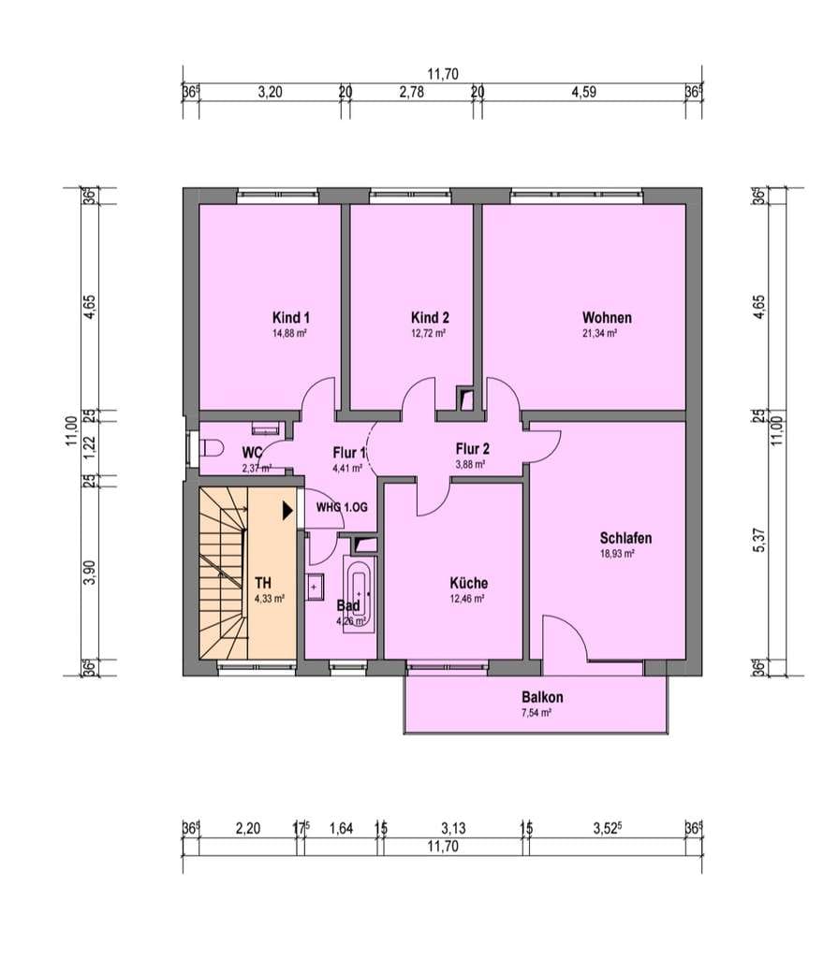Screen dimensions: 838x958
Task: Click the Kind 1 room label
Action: point(291,318)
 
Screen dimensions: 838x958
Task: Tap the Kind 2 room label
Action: point(430,318)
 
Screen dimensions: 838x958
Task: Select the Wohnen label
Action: point(607,318)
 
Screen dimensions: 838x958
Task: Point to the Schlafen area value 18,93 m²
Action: point(617,554)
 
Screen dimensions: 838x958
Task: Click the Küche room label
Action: point(468,583)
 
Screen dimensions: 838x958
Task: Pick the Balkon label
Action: point(542,697)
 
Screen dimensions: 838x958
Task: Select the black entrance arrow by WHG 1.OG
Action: point(287,510)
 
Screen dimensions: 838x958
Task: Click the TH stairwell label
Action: point(263,584)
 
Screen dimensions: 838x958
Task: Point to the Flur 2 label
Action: point(472,449)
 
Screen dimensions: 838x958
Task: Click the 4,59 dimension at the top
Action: point(583,93)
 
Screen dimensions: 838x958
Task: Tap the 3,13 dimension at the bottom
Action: point(453,828)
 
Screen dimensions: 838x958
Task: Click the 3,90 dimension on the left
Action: point(90,572)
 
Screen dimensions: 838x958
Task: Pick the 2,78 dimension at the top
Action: point(412,93)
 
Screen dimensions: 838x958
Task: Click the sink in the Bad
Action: point(315,588)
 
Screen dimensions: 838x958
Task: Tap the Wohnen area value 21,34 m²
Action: point(599,334)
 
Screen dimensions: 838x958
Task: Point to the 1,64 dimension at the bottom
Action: point(341,828)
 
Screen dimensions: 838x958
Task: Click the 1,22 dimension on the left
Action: point(90,450)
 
